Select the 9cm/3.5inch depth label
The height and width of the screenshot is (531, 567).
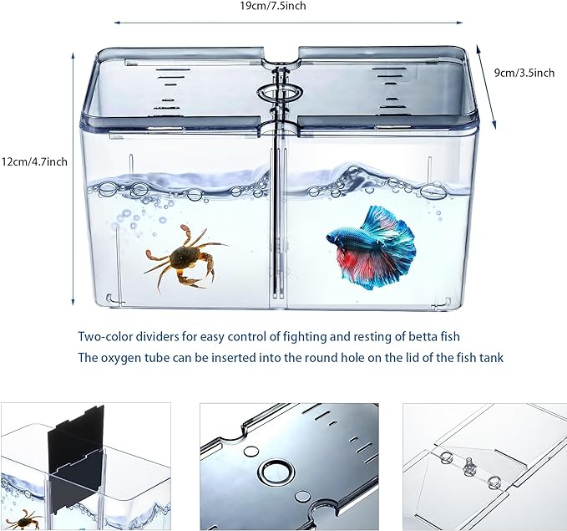click(x=524, y=73)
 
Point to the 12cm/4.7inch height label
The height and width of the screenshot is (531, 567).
click(x=34, y=161)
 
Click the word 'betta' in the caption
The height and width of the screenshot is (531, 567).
click(x=418, y=337)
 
